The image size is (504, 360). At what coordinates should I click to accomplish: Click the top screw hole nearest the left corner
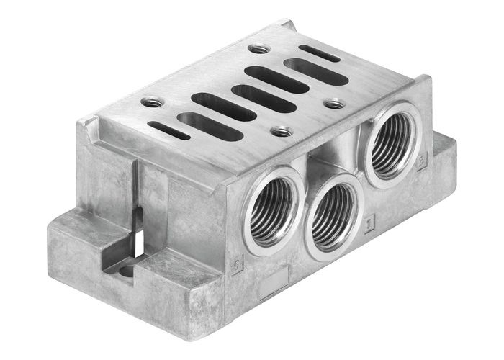click(x=152, y=102)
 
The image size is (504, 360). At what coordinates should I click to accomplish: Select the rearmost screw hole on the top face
click(x=258, y=49)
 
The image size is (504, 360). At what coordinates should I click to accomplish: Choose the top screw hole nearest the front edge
click(x=281, y=132)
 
